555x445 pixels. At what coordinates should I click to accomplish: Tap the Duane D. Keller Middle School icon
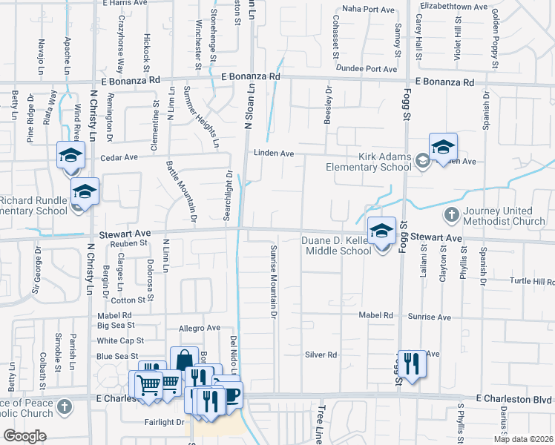[381, 232]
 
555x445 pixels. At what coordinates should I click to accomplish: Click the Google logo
[24, 436]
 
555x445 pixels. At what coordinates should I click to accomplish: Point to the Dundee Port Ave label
[367, 69]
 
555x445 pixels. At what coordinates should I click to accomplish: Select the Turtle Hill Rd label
[532, 282]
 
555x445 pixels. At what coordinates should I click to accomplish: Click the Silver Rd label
[321, 355]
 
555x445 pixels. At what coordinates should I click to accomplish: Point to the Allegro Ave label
[200, 328]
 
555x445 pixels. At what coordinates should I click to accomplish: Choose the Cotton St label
[128, 300]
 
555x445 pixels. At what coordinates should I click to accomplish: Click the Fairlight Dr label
[164, 422]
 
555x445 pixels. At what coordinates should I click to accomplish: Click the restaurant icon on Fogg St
[412, 364]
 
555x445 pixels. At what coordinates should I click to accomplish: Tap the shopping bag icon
[183, 360]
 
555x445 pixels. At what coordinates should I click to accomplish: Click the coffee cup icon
[231, 395]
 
